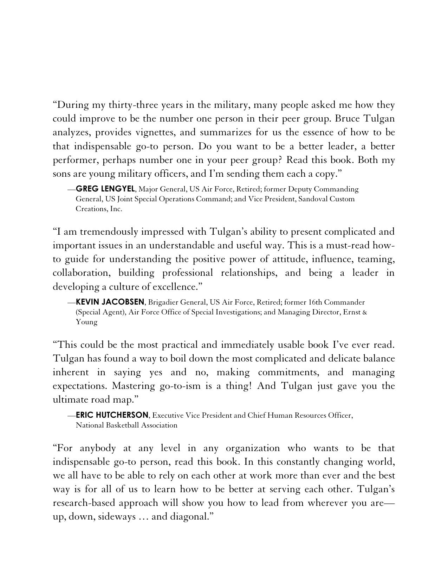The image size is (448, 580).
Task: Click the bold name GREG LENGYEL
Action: (x=105, y=189)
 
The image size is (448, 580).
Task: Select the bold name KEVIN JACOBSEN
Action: (x=110, y=302)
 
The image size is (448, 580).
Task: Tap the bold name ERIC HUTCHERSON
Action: (x=112, y=415)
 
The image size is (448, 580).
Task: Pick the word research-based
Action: (x=84, y=503)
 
